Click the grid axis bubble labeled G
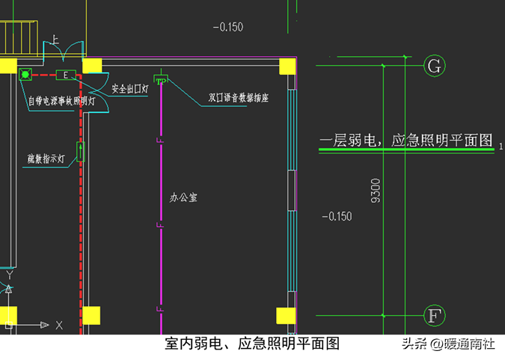point(434,66)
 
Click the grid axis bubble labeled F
point(434,314)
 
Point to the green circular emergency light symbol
point(25,74)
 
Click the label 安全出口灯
point(132,88)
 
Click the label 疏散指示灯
point(46,159)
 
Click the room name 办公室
point(183,198)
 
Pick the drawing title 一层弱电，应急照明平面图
point(406,140)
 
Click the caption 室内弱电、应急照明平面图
point(252,344)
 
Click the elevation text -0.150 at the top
point(227,27)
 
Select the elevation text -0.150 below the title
point(336,216)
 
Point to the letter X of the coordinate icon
point(59,325)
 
